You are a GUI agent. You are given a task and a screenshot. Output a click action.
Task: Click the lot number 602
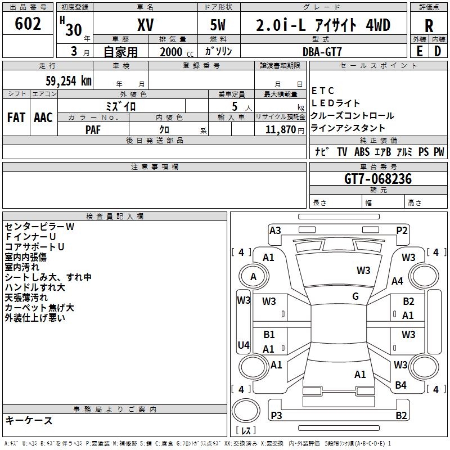pos(29,24)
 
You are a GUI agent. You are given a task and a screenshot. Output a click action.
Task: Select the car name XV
pos(145,25)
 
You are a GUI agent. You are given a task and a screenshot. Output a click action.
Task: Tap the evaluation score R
pos(429,25)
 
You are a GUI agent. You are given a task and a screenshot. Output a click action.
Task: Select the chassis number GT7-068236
pos(378,179)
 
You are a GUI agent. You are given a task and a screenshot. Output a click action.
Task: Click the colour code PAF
pos(93,129)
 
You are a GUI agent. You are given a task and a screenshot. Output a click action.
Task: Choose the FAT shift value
pos(16,117)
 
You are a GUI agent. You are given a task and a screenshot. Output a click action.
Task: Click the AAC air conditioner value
pos(43,117)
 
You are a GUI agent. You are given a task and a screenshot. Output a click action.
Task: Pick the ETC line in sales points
pos(323,91)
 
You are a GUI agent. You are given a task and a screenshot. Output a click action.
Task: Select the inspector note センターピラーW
pos(39,227)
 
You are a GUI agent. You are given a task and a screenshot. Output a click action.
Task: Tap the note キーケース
pos(29,420)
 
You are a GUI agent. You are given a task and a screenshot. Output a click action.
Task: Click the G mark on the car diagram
pos(355,296)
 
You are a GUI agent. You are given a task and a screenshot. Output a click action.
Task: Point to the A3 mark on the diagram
pos(275,230)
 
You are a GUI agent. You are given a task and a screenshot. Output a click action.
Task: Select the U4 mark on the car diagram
pos(243,345)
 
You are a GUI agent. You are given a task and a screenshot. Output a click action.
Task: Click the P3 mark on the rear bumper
pos(276,415)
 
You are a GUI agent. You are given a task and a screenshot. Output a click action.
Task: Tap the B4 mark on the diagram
pos(400,385)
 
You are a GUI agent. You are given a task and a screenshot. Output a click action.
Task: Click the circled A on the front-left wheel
pos(253,277)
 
